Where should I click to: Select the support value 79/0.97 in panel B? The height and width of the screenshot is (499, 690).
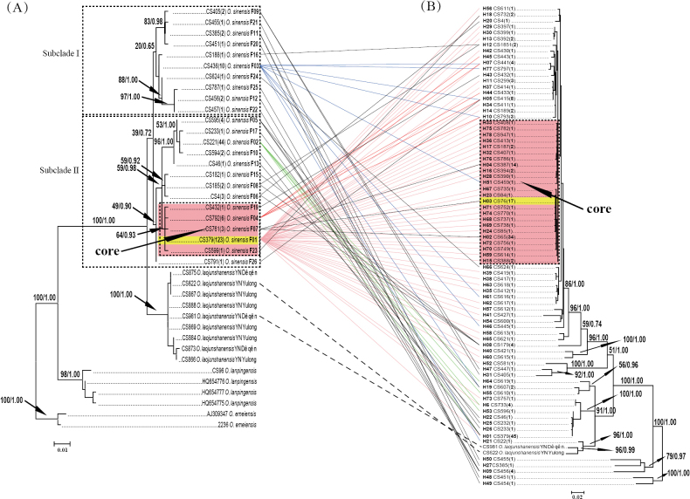(674, 452)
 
